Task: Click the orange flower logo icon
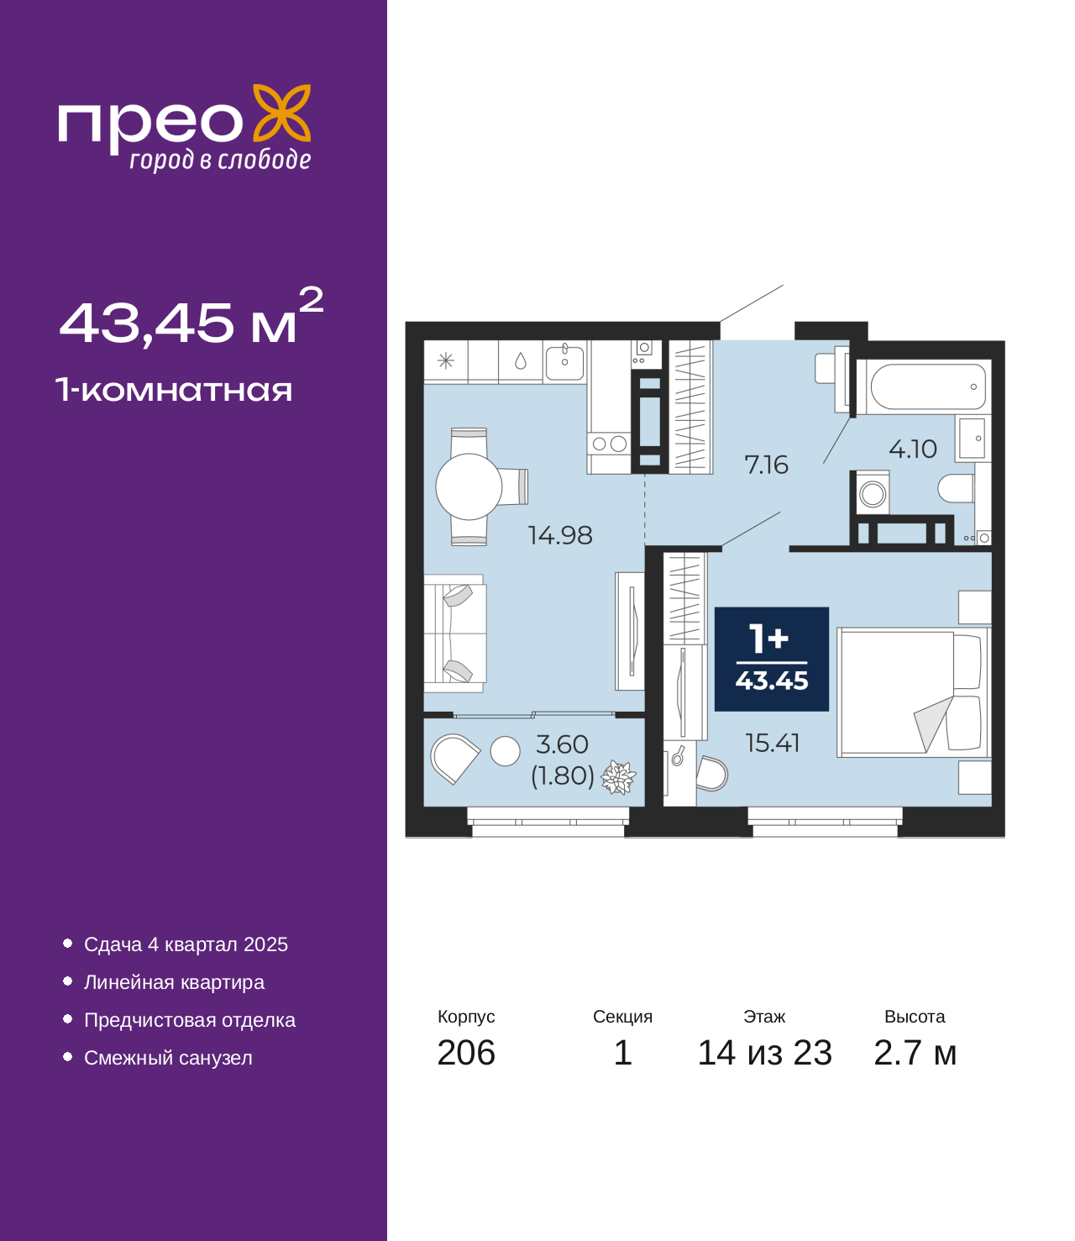pyautogui.click(x=281, y=113)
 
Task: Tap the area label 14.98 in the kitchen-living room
pyautogui.click(x=559, y=535)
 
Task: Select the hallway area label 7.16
pyautogui.click(x=766, y=465)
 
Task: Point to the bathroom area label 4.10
pyautogui.click(x=912, y=449)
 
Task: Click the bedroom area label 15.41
pyautogui.click(x=772, y=743)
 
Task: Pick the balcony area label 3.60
pyautogui.click(x=562, y=744)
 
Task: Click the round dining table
pyautogui.click(x=468, y=486)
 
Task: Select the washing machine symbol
pyautogui.click(x=872, y=494)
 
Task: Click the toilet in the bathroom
pyautogui.click(x=956, y=488)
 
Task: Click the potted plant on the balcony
pyautogui.click(x=618, y=777)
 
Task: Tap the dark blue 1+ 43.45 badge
pyautogui.click(x=771, y=660)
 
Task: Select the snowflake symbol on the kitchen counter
pyautogui.click(x=445, y=360)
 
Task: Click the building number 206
pyautogui.click(x=466, y=1052)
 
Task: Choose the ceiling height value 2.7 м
pyautogui.click(x=915, y=1052)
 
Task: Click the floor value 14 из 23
pyautogui.click(x=764, y=1052)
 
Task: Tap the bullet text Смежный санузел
pyautogui.click(x=168, y=1057)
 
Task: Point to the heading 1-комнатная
pyautogui.click(x=174, y=390)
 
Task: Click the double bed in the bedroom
pyautogui.click(x=913, y=692)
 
